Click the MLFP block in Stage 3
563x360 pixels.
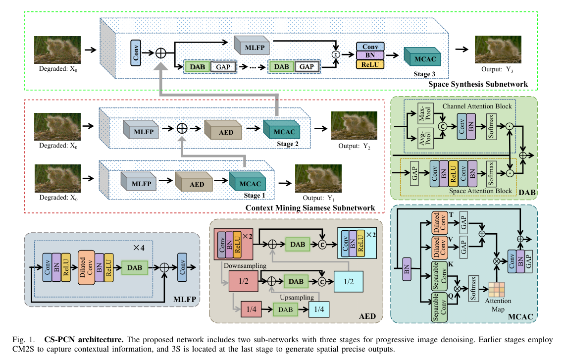coord(252,46)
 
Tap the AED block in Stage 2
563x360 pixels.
coord(223,130)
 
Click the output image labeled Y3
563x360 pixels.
coord(498,50)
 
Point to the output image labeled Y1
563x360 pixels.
coord(318,178)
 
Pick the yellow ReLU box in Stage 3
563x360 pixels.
coord(370,64)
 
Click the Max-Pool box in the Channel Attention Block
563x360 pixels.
coord(425,113)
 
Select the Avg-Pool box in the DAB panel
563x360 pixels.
coord(425,138)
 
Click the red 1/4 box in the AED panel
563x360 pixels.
coord(251,309)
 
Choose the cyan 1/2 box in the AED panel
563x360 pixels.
coord(348,281)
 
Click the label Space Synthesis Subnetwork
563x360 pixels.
coord(478,84)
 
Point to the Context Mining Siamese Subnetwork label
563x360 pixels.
coord(310,208)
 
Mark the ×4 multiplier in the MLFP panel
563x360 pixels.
coord(139,248)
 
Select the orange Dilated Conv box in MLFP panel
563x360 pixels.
coord(86,268)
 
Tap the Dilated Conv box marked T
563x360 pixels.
coord(440,223)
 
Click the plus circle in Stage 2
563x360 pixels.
coord(182,128)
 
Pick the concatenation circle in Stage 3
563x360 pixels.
coord(335,54)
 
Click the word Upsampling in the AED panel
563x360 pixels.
coord(297,297)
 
